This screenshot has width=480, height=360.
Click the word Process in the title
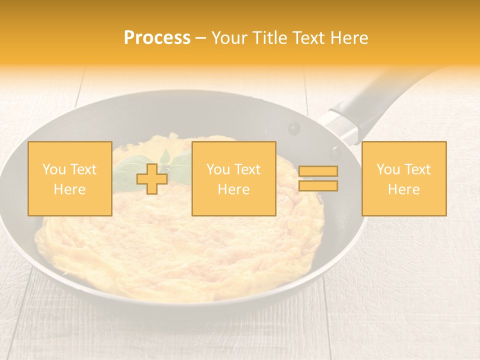[157, 38]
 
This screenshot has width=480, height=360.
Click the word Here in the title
[349, 38]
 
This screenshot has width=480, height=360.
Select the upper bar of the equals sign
[318, 171]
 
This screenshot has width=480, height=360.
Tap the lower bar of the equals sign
[318, 186]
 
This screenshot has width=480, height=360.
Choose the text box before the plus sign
[69, 178]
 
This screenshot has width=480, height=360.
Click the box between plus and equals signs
[233, 178]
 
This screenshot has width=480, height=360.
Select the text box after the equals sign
[403, 178]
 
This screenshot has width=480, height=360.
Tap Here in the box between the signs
[233, 189]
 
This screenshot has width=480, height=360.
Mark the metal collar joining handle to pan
[339, 125]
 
